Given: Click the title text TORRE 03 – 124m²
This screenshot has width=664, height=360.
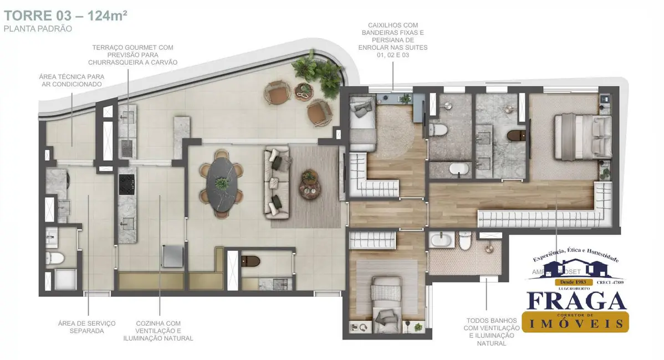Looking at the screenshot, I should tap(66, 15).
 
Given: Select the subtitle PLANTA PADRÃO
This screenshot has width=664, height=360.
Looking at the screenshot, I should tap(38, 28).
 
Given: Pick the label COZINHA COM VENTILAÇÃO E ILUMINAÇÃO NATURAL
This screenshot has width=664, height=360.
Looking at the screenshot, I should tap(158, 331).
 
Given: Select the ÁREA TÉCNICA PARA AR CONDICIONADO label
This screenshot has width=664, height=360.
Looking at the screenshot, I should tap(71, 80).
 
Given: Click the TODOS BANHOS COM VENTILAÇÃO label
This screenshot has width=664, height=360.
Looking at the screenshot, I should tap(486, 332).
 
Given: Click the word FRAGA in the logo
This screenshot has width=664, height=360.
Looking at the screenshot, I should tap(576, 301).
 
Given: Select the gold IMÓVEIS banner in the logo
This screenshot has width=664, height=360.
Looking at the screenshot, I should tap(576, 322).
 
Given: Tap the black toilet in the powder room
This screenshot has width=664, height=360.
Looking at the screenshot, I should tap(251, 260).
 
